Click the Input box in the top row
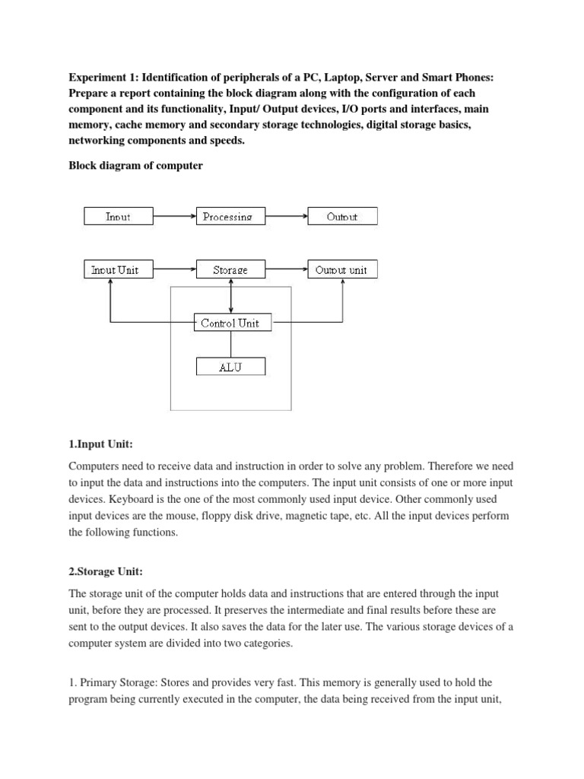click(x=117, y=217)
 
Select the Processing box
click(x=230, y=217)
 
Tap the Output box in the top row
click(x=341, y=217)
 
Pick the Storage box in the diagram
click(x=230, y=269)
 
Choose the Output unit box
click(x=341, y=269)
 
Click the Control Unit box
click(x=230, y=323)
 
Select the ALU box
click(x=230, y=367)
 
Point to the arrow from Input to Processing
click(x=174, y=217)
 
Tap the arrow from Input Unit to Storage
click(x=174, y=269)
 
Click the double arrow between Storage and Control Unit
click(x=230, y=296)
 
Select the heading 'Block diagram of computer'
click(x=135, y=165)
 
